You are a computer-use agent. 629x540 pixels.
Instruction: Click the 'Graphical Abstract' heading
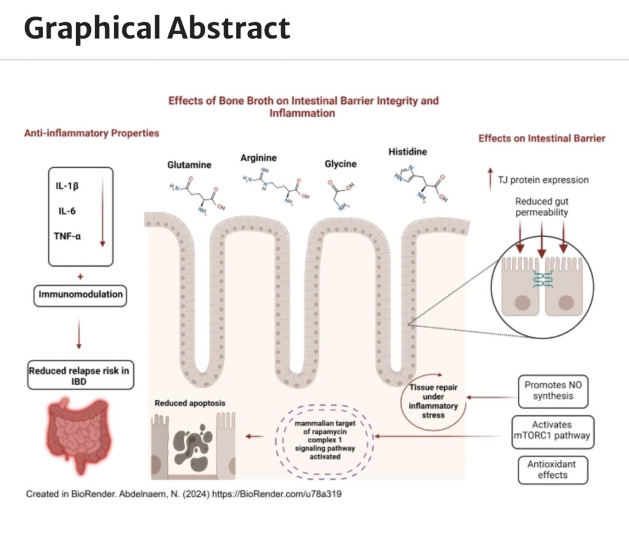157,28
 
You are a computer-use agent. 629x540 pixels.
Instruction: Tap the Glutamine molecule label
189,165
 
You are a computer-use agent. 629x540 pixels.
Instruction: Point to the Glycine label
340,164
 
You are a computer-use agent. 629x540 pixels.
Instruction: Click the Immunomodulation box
80,295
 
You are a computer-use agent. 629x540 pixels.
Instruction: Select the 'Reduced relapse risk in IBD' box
80,376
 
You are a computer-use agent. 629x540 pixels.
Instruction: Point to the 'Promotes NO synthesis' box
552,391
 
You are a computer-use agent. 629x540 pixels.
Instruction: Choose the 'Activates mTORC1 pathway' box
552,430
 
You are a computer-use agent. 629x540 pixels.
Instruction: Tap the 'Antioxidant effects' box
552,469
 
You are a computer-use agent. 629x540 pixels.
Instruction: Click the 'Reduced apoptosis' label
190,403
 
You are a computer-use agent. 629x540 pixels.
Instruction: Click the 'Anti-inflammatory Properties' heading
92,133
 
